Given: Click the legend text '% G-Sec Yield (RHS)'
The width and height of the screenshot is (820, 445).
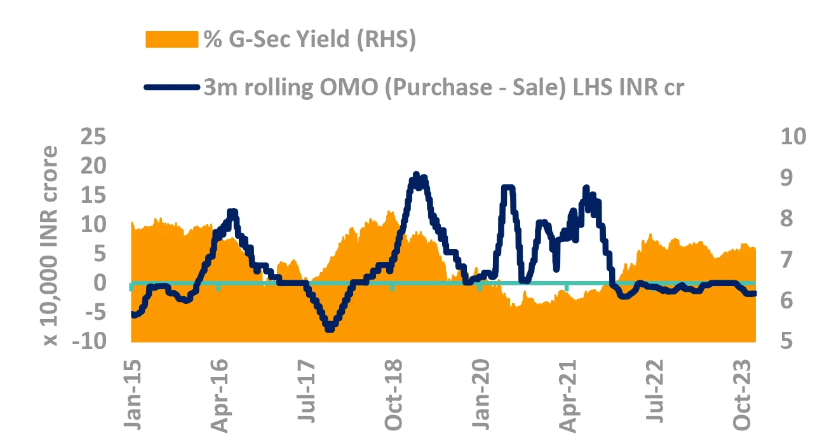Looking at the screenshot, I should point(309,39).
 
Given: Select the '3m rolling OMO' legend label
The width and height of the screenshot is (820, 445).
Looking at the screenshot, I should point(443,87).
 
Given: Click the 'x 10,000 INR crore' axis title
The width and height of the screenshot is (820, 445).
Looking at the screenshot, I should point(51,247).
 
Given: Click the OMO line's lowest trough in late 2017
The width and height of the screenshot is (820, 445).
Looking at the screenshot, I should point(329,329).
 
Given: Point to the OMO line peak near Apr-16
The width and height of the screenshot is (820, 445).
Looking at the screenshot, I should point(232,212).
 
